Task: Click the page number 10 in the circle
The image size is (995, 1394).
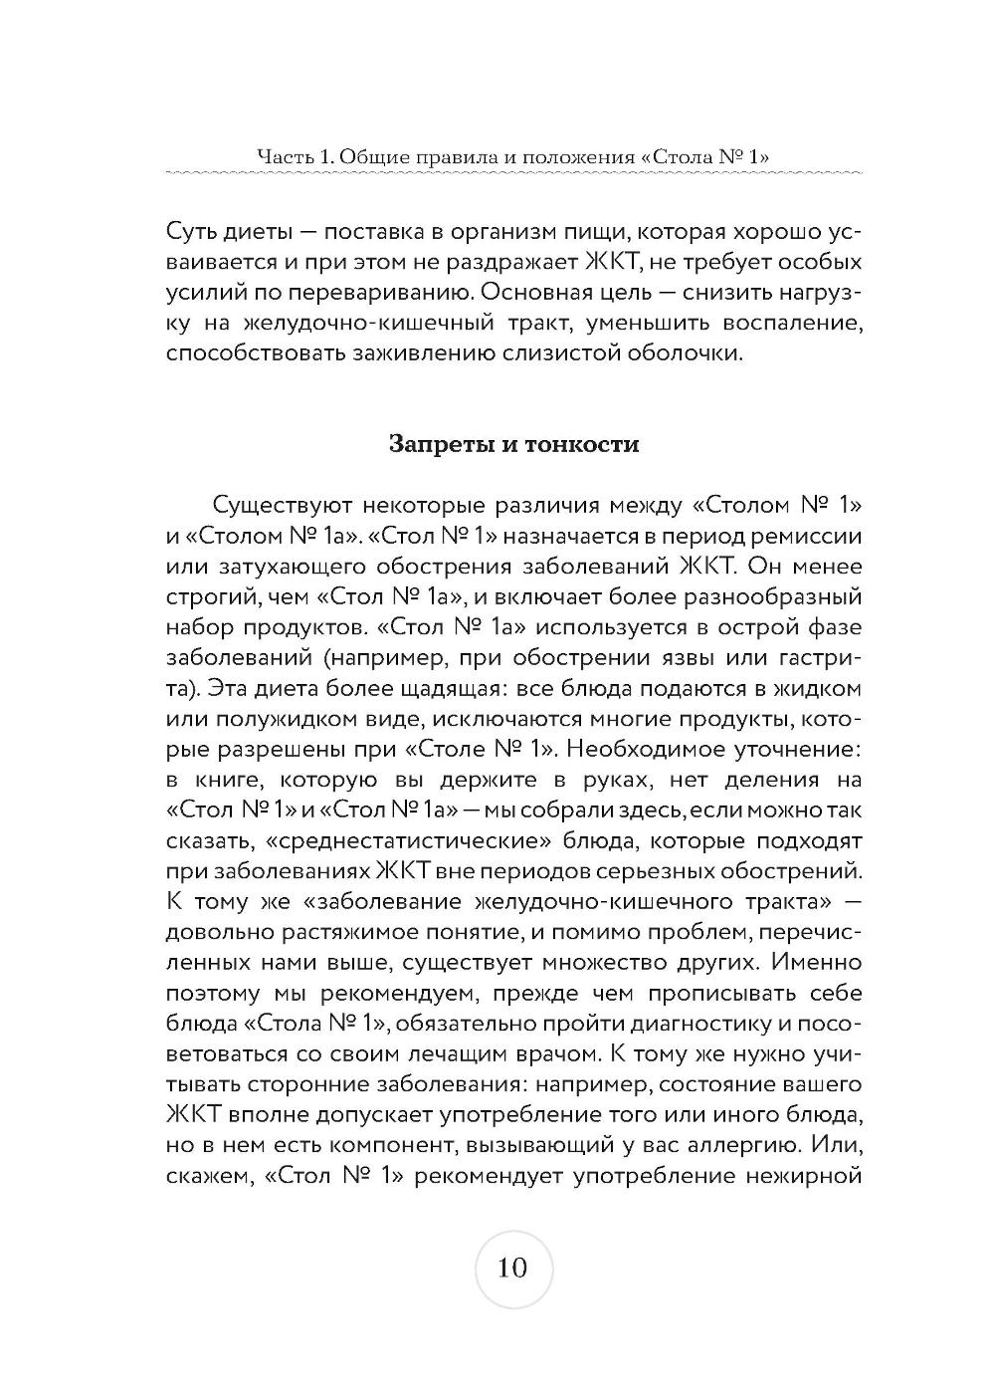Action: point(513,1268)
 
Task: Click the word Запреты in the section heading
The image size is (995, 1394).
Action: point(436,443)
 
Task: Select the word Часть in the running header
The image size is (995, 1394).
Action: point(281,155)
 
